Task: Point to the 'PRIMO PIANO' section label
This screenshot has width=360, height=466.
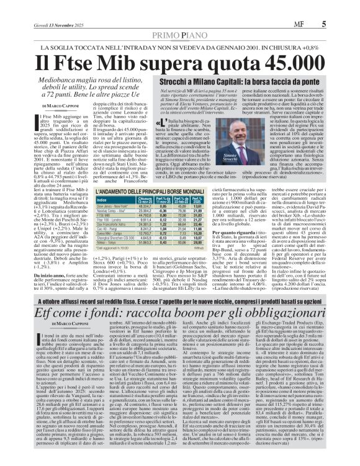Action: [x=179, y=35]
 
